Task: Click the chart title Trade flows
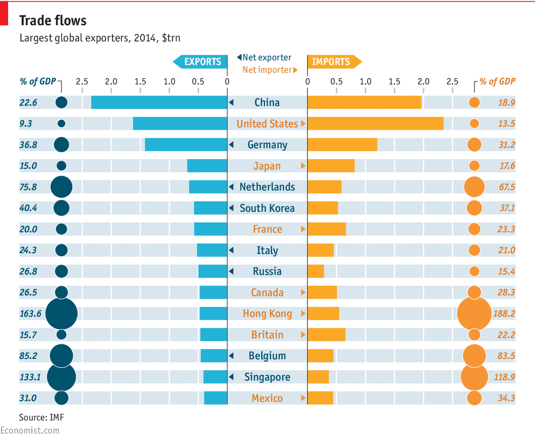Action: point(53,21)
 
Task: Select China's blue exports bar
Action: point(159,103)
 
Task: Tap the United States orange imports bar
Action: point(375,124)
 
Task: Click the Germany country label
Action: point(267,145)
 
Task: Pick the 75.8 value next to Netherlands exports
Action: point(28,187)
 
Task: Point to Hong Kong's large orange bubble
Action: point(474,314)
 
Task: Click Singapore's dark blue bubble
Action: point(62,377)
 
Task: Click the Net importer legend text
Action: point(267,70)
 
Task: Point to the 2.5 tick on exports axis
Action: point(82,81)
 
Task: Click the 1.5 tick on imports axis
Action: point(394,81)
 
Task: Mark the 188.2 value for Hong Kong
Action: point(504,314)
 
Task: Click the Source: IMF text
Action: point(41,417)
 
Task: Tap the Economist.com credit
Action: point(30,430)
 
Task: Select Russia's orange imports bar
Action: point(316,271)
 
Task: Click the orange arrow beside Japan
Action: point(303,166)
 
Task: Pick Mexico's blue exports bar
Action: point(215,398)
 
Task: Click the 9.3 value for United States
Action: point(26,124)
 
